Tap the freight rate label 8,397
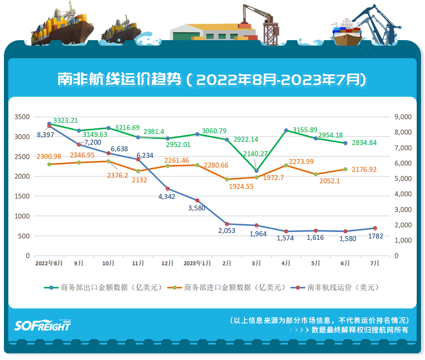[x=46, y=135]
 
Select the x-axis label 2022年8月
[x=49, y=263]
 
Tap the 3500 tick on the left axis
[x=22, y=117]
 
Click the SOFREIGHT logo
[x=42, y=325]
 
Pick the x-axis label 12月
[x=168, y=263]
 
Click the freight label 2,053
[x=227, y=231]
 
